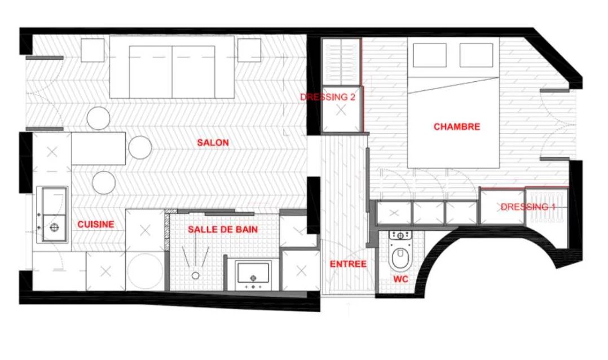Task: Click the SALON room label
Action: [x=213, y=143]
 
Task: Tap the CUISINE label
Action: [x=96, y=224]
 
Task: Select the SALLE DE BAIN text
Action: [x=223, y=229]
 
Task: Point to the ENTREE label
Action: [x=348, y=264]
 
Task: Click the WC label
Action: [x=400, y=279]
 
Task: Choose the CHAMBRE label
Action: [x=457, y=127]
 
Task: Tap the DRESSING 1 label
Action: [x=528, y=207]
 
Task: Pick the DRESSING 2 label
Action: [x=328, y=97]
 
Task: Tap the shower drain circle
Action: [x=195, y=275]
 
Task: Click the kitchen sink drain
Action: [x=54, y=227]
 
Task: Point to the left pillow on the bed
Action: [x=430, y=55]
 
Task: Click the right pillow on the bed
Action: [x=476, y=55]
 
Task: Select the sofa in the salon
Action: [x=172, y=67]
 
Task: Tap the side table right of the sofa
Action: [x=249, y=50]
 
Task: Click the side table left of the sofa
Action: [x=92, y=50]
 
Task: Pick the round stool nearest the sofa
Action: [x=99, y=118]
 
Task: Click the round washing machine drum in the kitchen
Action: [x=146, y=271]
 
